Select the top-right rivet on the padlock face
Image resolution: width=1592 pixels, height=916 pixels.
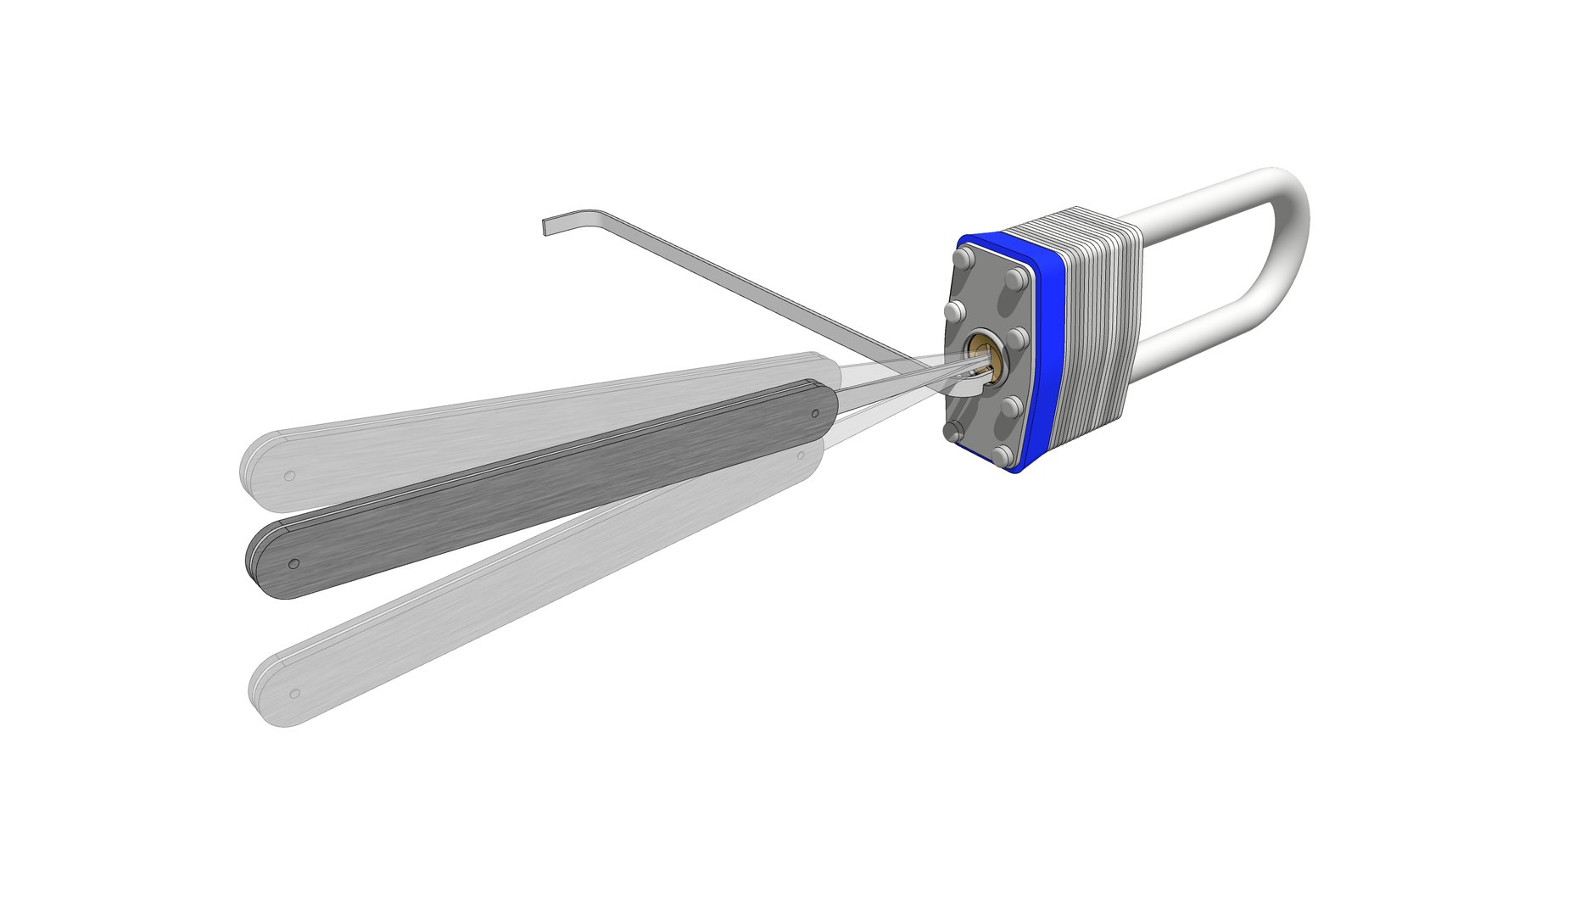(x=1014, y=279)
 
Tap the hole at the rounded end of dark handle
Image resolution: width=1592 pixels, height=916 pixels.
(x=293, y=563)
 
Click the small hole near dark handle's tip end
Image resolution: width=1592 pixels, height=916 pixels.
(x=815, y=414)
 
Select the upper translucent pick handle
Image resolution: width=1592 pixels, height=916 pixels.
(x=509, y=424)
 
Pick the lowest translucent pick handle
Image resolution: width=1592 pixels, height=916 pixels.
(x=509, y=594)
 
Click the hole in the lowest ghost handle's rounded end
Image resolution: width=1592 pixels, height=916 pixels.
(x=295, y=693)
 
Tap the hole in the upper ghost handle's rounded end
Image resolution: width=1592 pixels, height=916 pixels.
(x=289, y=476)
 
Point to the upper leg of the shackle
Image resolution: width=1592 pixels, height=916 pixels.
(x=1204, y=204)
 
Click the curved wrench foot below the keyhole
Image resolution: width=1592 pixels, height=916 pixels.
(x=973, y=388)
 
